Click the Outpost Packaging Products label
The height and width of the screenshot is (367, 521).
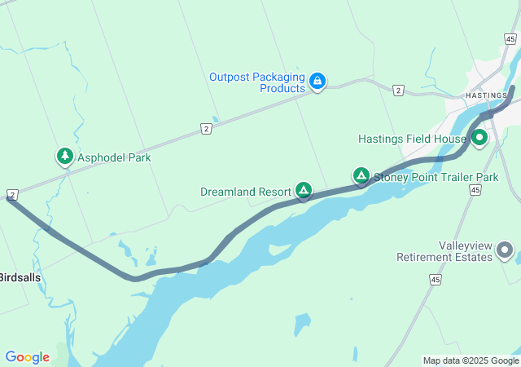click(256, 82)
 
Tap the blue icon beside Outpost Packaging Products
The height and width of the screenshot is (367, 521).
click(317, 81)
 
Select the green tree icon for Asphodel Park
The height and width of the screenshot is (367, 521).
click(64, 156)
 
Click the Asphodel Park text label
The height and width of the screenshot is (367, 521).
click(114, 157)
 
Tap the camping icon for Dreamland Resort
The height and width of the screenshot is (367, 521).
click(304, 191)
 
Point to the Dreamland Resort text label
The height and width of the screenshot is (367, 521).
click(245, 192)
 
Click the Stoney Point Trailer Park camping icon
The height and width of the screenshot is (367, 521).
click(360, 175)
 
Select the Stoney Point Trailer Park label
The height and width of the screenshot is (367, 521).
click(436, 176)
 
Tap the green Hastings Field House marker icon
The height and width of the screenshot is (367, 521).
click(479, 138)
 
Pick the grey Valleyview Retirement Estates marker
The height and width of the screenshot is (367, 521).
click(506, 250)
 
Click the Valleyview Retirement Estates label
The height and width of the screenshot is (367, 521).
click(444, 250)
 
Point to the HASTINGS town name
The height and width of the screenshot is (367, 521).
click(486, 95)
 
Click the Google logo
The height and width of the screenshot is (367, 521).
click(27, 357)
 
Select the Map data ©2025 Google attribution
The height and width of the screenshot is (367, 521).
click(471, 360)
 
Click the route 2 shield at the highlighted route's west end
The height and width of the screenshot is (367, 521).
click(12, 194)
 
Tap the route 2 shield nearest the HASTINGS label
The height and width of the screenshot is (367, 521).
click(397, 90)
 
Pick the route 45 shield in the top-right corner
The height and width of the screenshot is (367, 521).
click(510, 38)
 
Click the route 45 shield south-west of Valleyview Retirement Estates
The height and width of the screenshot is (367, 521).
click(436, 280)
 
